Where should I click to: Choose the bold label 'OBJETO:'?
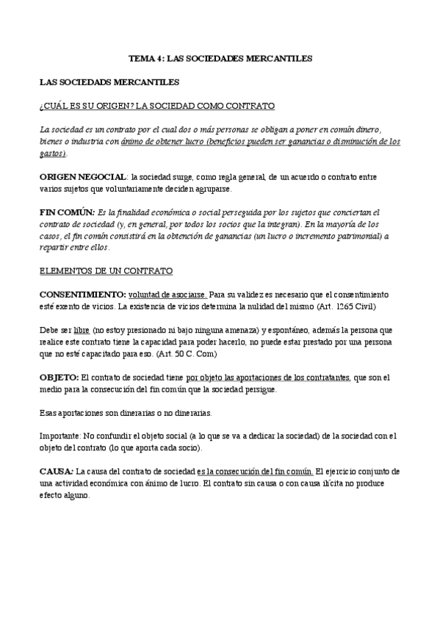tap(59, 378)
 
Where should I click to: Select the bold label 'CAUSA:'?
tap(57, 471)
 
